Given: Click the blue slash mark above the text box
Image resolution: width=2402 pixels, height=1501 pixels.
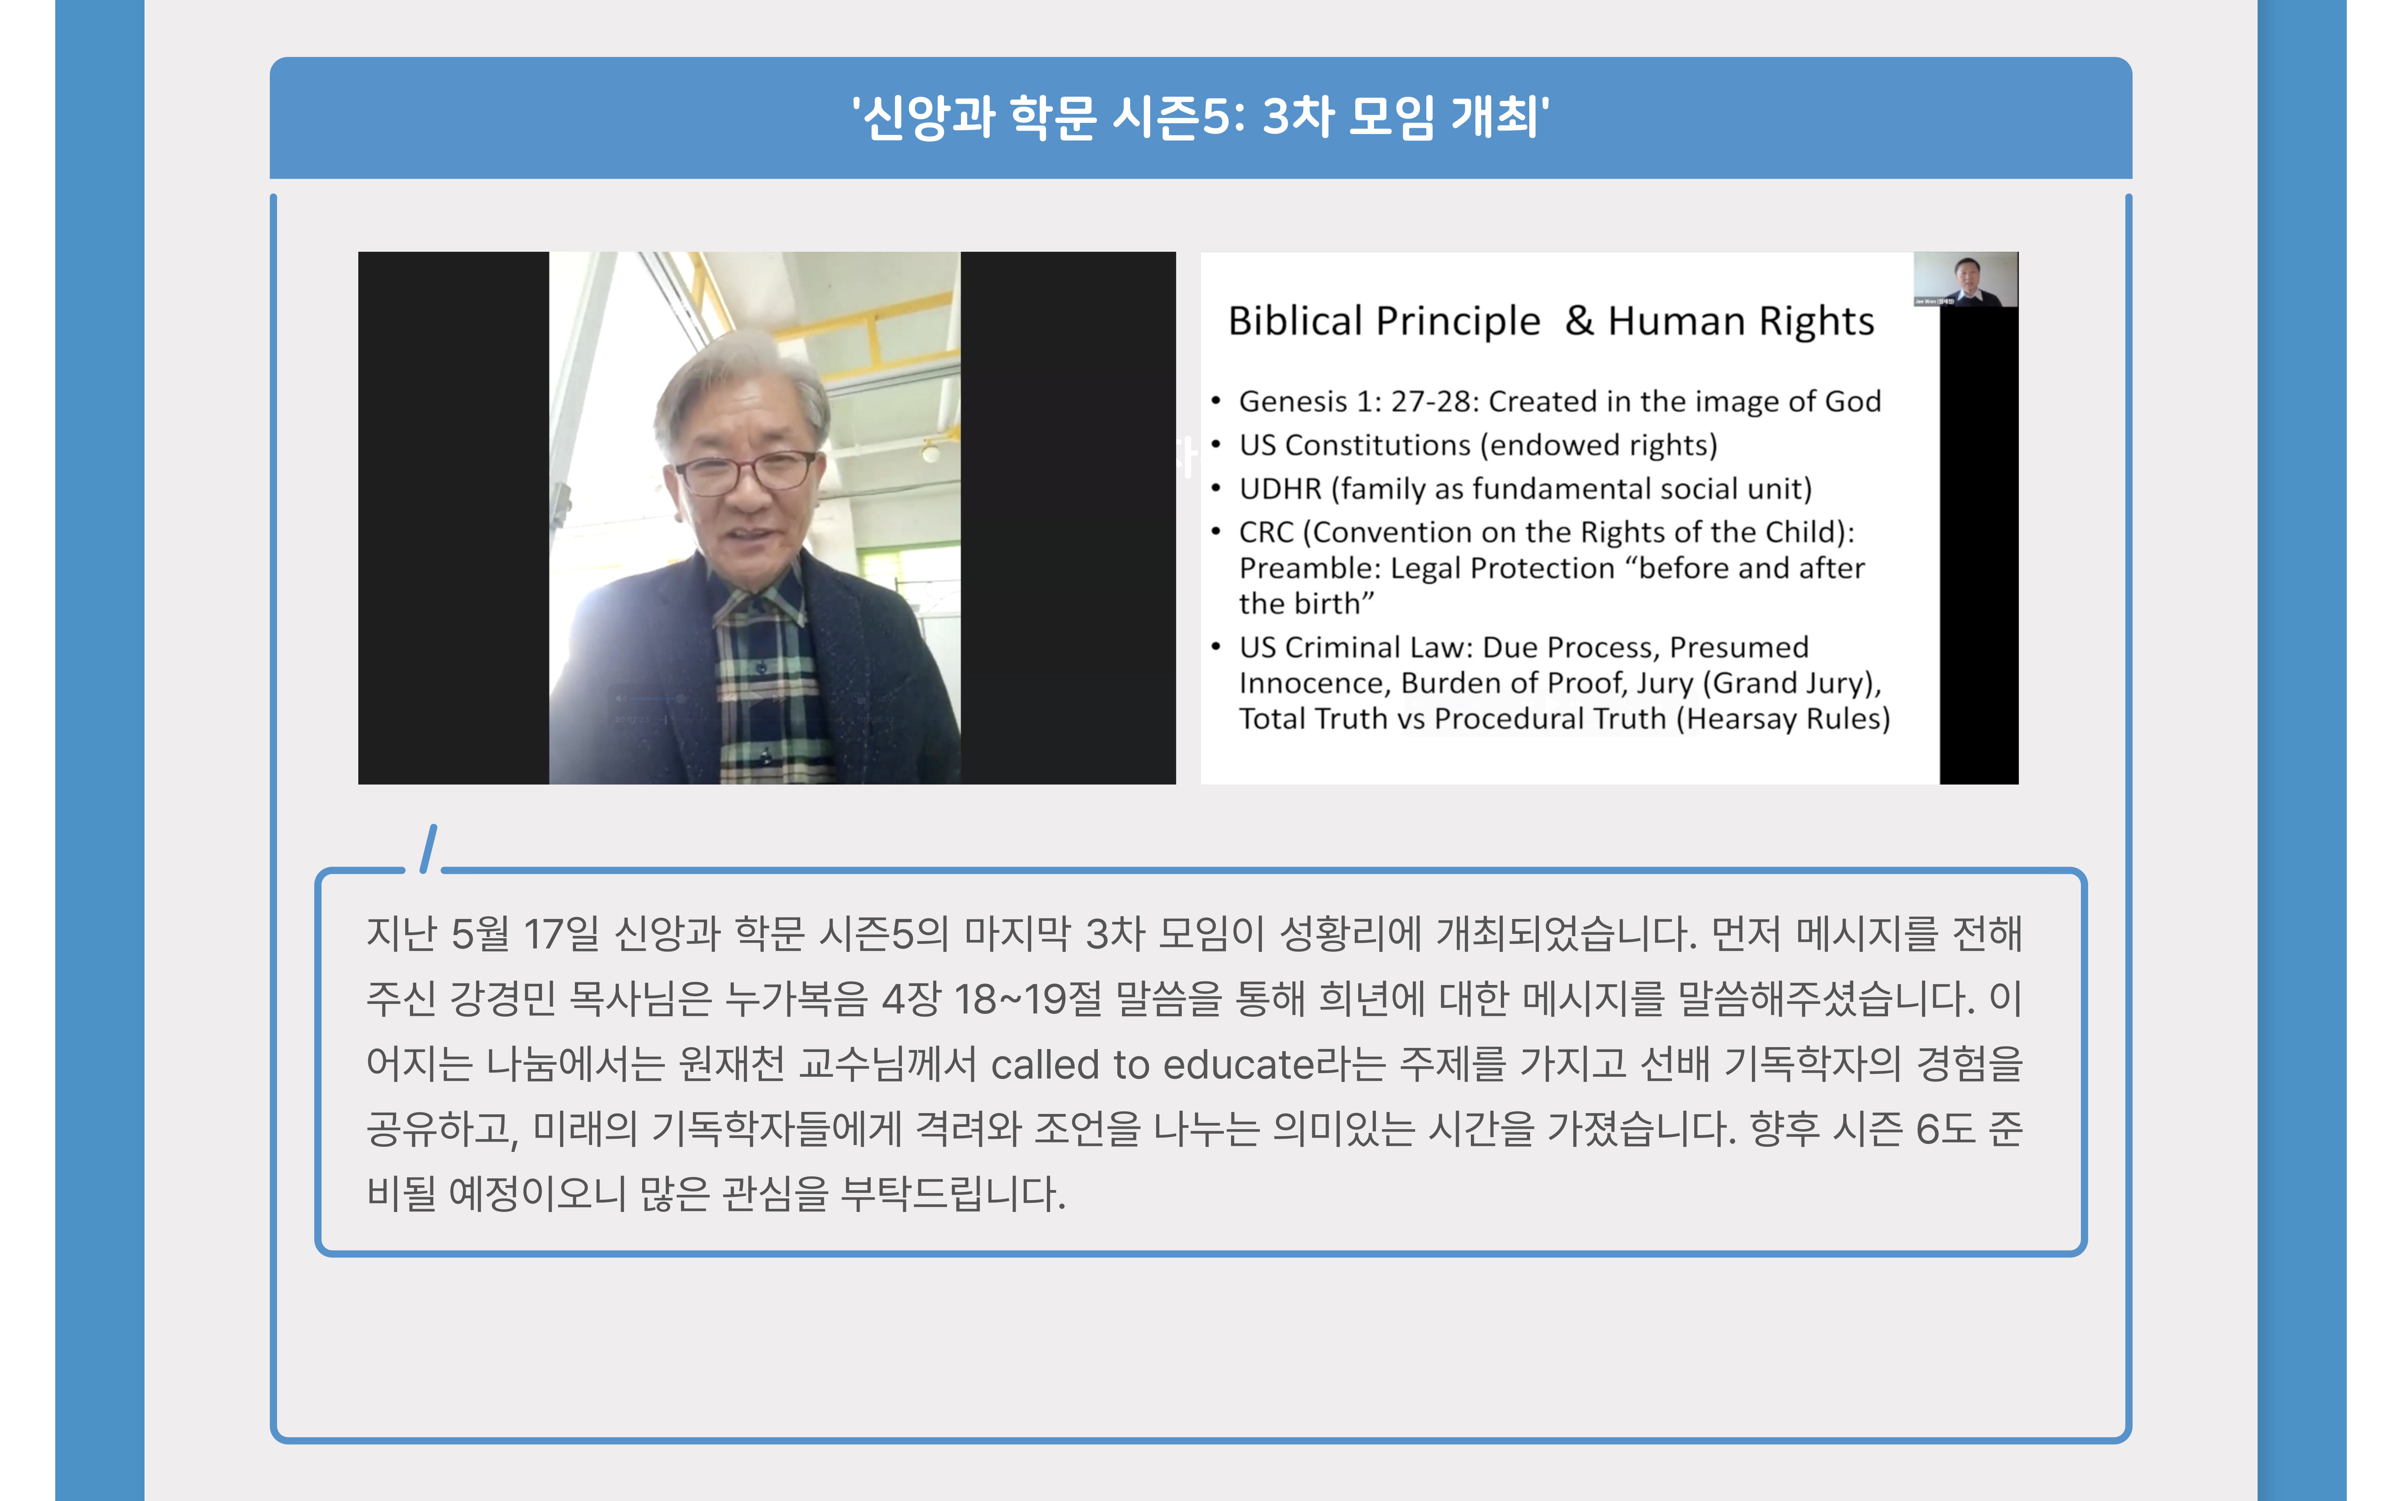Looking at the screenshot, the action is [x=429, y=849].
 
